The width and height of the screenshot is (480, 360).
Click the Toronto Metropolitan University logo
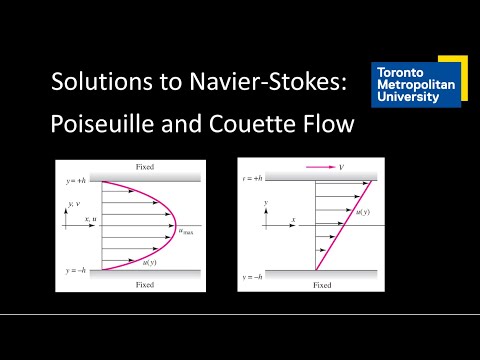(415, 88)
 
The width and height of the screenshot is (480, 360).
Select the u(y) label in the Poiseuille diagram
(151, 263)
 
